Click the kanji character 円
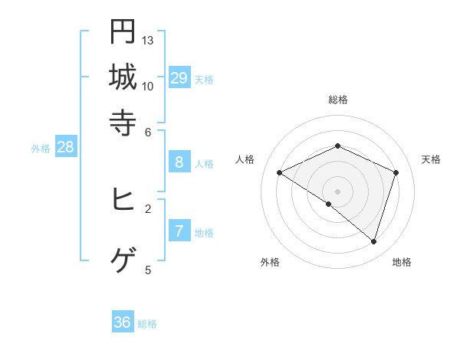click(123, 31)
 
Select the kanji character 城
click(123, 77)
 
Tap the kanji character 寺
click(123, 123)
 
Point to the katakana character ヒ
click(123, 199)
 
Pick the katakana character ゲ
click(123, 261)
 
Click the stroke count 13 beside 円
click(148, 40)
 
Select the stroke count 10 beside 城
click(148, 86)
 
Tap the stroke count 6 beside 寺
click(149, 131)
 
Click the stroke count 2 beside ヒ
click(149, 208)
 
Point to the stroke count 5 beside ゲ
click(149, 270)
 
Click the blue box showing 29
click(179, 77)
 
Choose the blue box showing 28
click(65, 147)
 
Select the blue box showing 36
click(123, 322)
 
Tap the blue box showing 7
click(179, 231)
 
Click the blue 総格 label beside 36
click(147, 324)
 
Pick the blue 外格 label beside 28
click(41, 149)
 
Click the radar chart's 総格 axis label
click(338, 100)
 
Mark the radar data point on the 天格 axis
click(396, 172)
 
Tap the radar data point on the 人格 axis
click(280, 172)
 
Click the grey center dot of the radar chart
click(338, 191)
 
